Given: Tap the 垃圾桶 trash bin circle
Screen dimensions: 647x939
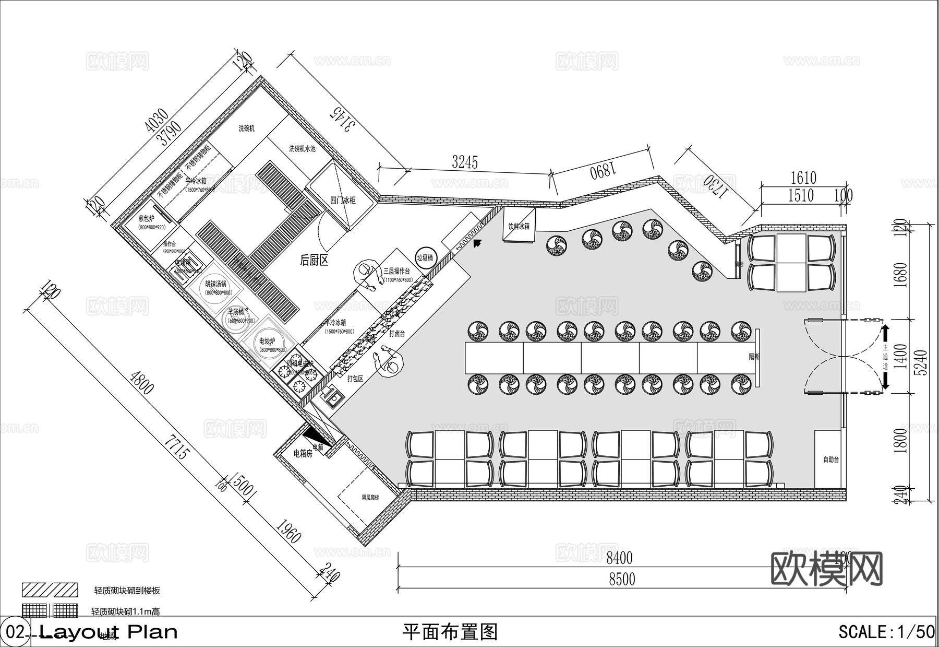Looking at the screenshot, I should click(426, 257).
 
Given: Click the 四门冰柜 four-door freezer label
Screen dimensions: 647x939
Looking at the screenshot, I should click(343, 200).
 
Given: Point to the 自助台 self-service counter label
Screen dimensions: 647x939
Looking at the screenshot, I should click(831, 460).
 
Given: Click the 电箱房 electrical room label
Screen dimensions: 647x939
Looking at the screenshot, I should click(303, 454).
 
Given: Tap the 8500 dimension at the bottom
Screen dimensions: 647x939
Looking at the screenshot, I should click(622, 579).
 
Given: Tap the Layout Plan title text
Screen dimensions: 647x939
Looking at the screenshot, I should click(109, 632).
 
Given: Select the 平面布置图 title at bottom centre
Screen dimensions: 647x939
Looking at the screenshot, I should click(450, 632).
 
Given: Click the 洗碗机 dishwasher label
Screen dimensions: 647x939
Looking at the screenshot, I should click(246, 128).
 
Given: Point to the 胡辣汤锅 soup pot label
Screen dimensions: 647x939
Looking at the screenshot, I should click(215, 284).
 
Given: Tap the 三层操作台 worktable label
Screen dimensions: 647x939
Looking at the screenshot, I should click(396, 272).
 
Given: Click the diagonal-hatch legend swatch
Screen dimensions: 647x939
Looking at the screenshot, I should click(50, 590).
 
